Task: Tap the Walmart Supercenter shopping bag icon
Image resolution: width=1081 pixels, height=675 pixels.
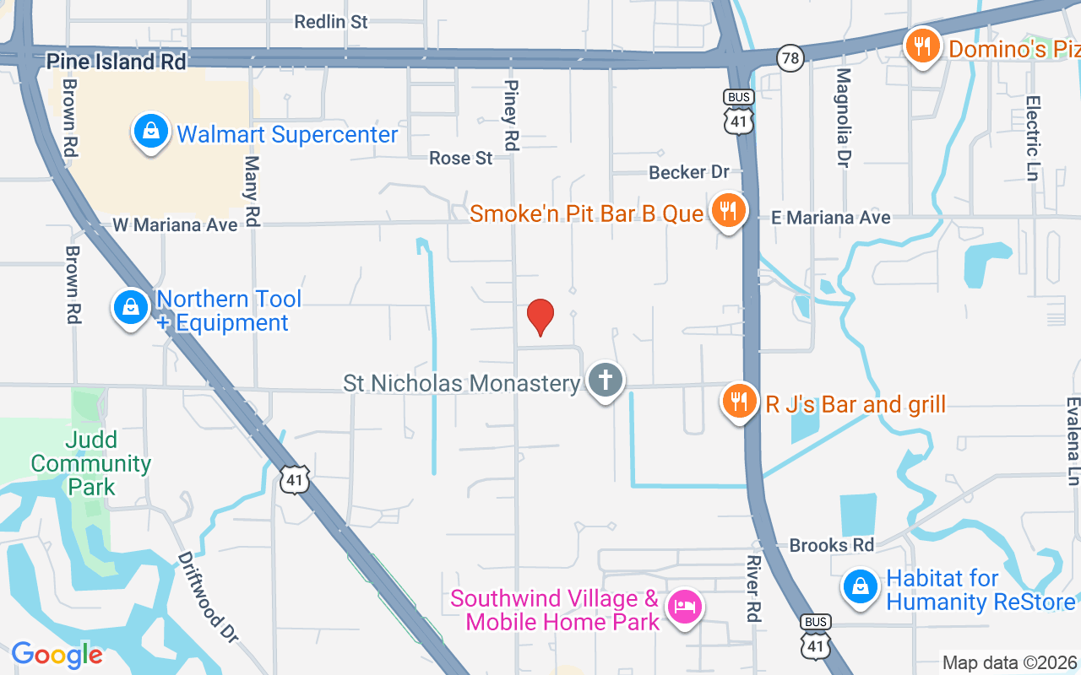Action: coord(150,133)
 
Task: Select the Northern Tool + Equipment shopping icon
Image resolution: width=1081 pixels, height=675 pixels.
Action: coord(131,308)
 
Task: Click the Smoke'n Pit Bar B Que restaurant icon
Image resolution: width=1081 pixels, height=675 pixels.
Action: coord(727,210)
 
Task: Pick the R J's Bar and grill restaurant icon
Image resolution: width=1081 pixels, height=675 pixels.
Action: coord(740,402)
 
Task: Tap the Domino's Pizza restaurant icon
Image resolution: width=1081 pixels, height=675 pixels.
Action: coord(923,46)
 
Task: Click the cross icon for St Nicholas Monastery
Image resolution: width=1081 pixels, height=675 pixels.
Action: coord(605,381)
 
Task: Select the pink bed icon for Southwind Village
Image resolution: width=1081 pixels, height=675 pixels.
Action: coord(684,607)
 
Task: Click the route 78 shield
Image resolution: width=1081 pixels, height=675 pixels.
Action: coord(791,57)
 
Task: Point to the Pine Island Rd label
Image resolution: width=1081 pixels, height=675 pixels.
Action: coord(117,62)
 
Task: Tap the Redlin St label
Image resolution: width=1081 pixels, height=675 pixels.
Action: coord(331,22)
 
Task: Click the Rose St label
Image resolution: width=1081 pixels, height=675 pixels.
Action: coord(460,158)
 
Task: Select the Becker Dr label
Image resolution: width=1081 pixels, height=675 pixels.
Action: coord(688,172)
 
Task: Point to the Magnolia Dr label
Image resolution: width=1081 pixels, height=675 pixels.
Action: coord(843,117)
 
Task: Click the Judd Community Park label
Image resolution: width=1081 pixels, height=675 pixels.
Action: coord(90,463)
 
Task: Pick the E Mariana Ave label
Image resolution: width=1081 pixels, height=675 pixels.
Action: coord(831,218)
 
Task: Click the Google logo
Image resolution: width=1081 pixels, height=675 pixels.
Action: coord(57,654)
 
